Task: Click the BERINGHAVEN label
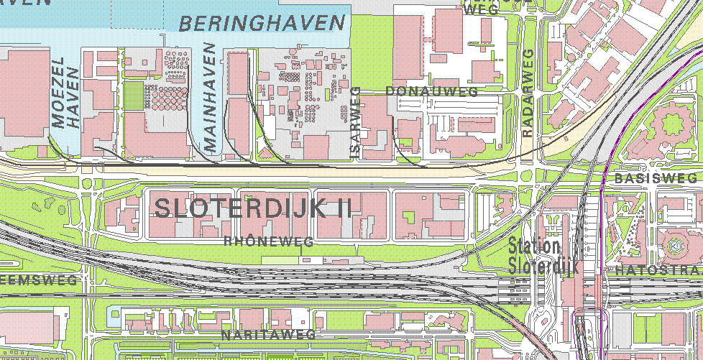coord(262,24)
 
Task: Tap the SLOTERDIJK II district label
coord(253,208)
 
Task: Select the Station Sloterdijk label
coord(533,255)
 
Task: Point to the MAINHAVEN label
coord(210,96)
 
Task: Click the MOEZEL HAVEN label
coord(65,97)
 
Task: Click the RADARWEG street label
coord(528,93)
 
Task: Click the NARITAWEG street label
coord(268,336)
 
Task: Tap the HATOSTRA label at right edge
coord(658,271)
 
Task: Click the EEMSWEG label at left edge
coord(37,280)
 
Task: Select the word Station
coord(533,246)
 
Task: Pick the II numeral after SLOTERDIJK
coord(344,208)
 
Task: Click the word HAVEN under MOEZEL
coord(73,112)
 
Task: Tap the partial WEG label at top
coord(481,9)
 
